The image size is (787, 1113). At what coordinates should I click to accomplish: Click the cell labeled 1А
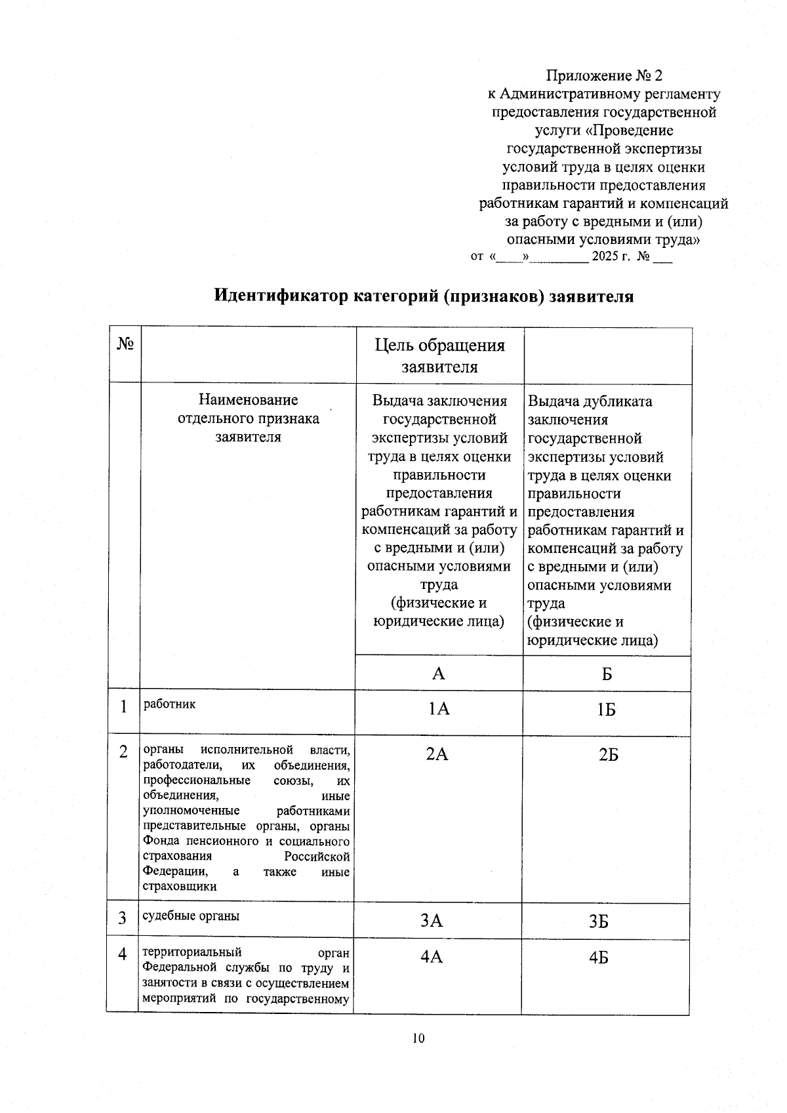click(x=439, y=708)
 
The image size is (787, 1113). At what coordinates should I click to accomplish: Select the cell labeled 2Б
click(x=608, y=754)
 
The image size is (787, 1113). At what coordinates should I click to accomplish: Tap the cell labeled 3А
click(x=432, y=921)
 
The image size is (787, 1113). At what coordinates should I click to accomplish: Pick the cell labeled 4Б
click(x=598, y=958)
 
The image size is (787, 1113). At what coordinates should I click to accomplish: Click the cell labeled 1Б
click(x=607, y=710)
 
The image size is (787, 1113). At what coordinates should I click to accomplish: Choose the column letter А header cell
click(x=438, y=674)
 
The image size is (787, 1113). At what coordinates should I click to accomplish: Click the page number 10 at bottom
click(x=419, y=1038)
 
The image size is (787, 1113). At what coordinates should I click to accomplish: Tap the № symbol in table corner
click(x=125, y=344)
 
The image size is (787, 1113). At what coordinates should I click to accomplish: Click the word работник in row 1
click(x=169, y=704)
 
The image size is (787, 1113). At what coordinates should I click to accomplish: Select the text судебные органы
click(x=191, y=916)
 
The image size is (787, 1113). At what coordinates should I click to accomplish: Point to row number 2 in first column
click(x=123, y=752)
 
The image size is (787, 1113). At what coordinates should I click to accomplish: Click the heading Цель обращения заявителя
click(x=439, y=355)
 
